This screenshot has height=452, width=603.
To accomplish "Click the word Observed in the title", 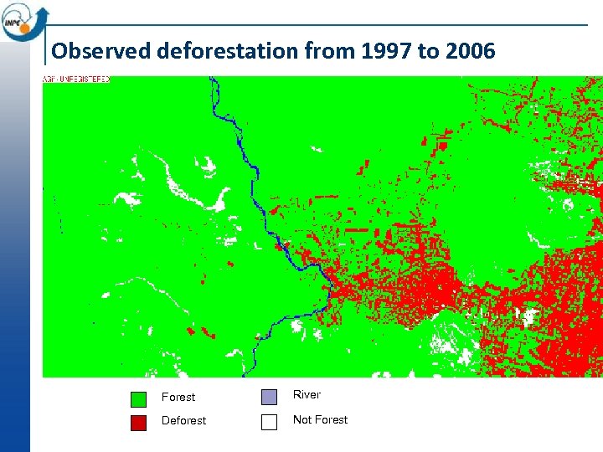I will (x=90, y=51).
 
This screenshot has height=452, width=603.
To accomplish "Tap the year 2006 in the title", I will (x=471, y=51).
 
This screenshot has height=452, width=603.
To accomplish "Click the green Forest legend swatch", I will (x=139, y=398).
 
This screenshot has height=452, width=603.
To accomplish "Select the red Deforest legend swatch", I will (x=139, y=423).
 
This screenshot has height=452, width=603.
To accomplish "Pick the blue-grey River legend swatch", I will (x=269, y=397).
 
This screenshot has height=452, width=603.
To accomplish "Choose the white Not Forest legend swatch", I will (x=269, y=422).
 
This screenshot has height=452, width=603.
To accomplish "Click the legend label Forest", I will (x=178, y=398).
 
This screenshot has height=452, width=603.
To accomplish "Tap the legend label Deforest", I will (x=183, y=421).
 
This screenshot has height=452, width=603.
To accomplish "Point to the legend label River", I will (x=307, y=395).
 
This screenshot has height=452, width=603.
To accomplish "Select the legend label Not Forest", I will (x=320, y=420).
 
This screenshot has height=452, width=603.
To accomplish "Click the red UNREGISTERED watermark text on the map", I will (x=76, y=80).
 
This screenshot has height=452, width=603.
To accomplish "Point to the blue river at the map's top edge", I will (x=213, y=81).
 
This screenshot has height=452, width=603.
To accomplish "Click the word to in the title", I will (x=427, y=51).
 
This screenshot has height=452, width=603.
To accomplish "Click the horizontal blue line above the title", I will (x=318, y=25).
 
